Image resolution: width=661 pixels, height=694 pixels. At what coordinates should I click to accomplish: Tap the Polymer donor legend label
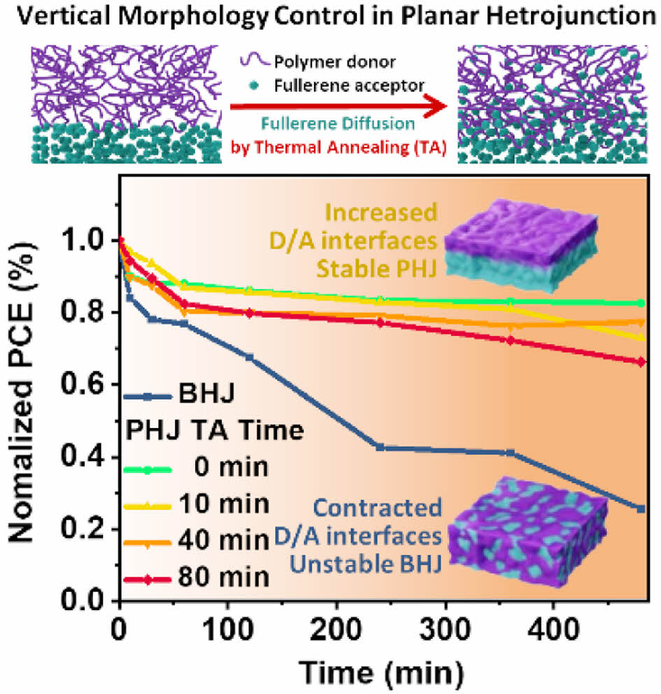tap(355, 62)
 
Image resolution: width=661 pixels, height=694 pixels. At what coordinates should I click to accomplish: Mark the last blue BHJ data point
tap(641, 509)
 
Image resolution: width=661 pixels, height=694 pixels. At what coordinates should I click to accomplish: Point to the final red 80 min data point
tap(641, 362)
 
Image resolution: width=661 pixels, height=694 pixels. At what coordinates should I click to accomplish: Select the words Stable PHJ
tap(389, 268)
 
